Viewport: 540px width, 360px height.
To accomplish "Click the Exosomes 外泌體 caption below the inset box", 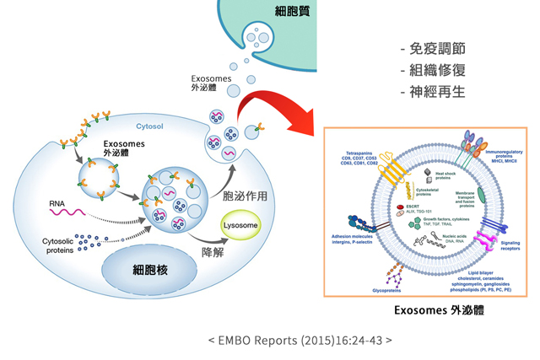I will coord(428,309).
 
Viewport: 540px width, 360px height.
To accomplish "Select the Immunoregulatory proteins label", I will coord(503,154).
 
